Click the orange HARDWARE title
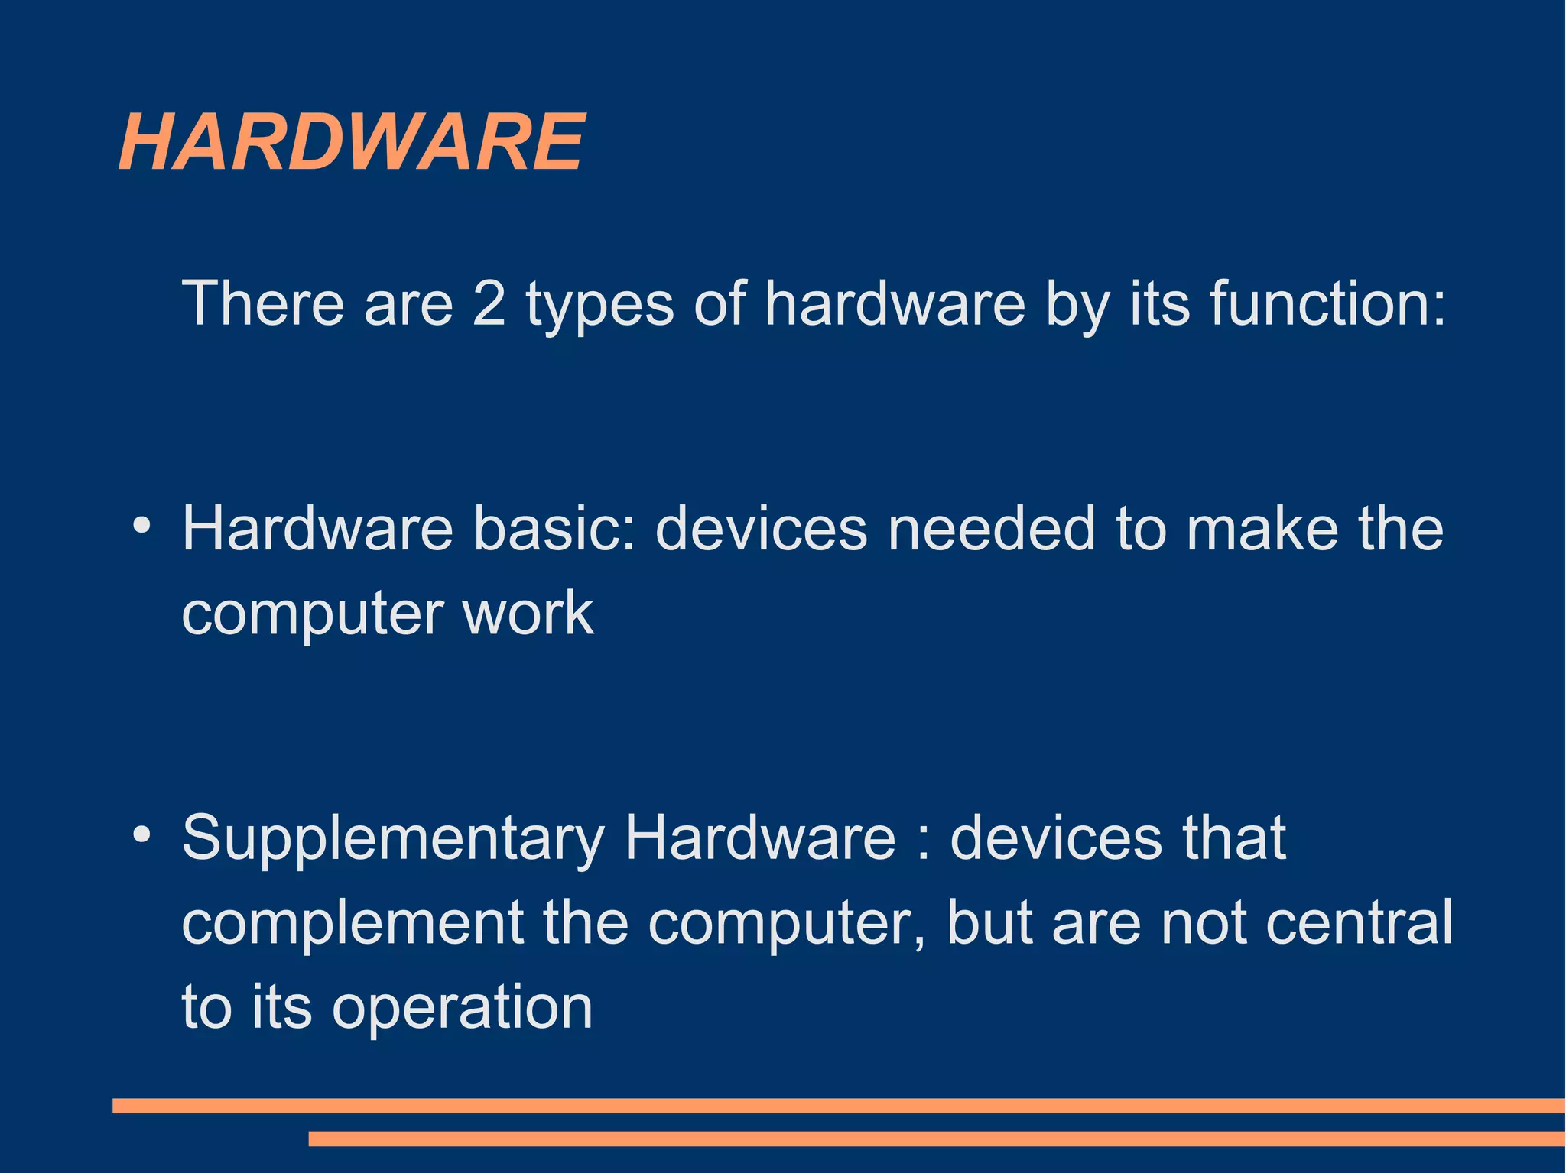coord(352,142)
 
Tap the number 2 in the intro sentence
coord(489,303)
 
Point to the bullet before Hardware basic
coord(141,526)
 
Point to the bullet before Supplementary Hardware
coord(141,834)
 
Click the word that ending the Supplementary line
coord(1234,838)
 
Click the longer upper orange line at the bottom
coord(839,1106)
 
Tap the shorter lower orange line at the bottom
coord(937,1139)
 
